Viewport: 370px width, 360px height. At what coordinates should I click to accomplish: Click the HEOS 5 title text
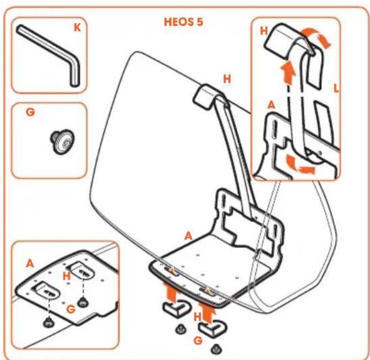183,22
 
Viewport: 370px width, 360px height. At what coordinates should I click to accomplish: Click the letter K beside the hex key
77,28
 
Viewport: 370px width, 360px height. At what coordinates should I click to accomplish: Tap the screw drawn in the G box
62,141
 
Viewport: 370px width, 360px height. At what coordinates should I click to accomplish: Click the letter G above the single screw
30,112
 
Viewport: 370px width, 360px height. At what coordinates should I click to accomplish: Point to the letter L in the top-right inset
336,88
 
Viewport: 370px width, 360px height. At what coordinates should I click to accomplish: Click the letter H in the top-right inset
264,31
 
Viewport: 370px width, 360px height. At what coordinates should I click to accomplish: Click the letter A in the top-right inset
271,105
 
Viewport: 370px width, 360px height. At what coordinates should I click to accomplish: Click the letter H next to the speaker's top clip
227,79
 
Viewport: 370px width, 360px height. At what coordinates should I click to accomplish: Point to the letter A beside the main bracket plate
189,236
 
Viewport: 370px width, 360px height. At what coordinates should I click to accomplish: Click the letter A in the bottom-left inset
30,263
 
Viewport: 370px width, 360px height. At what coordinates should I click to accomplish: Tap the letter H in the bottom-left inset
67,276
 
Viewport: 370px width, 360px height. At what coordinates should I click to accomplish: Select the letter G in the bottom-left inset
71,309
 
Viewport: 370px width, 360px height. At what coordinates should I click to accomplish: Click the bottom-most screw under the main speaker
215,349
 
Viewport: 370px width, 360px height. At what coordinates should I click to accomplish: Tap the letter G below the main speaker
198,340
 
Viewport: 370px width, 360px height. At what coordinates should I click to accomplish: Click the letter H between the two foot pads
197,317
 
